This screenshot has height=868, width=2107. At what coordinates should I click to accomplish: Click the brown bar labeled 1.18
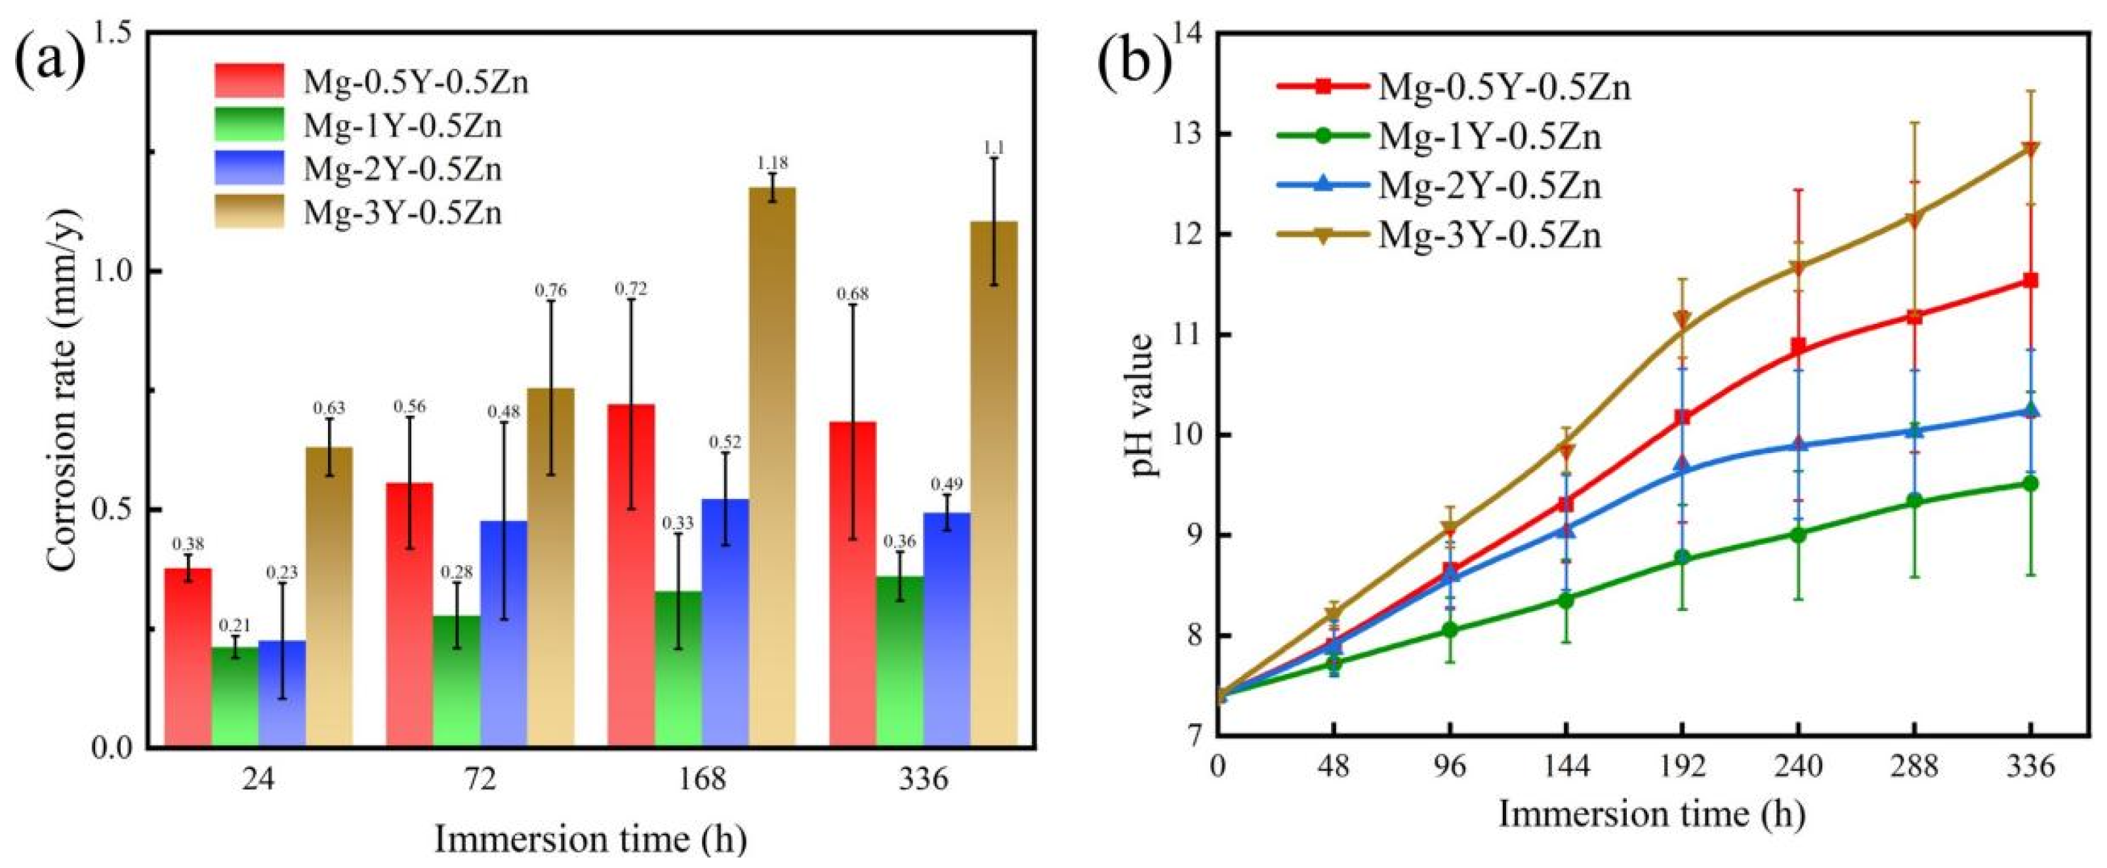pos(772,467)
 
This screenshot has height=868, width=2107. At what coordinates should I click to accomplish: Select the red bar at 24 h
pos(188,658)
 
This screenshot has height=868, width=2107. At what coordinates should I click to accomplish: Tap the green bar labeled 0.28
pos(457,682)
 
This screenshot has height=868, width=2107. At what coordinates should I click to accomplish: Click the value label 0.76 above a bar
pos(550,291)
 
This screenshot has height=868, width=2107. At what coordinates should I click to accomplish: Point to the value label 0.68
pos(853,294)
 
